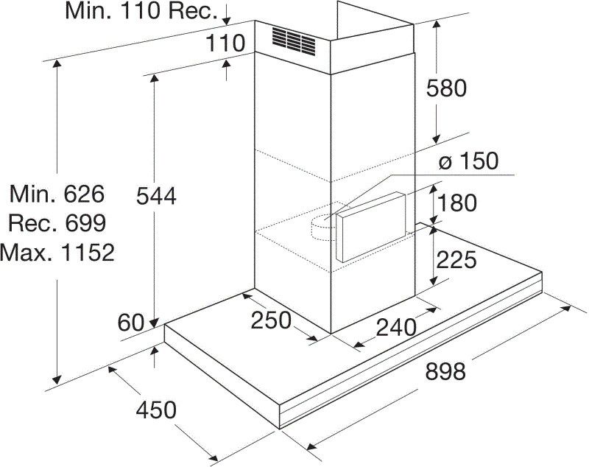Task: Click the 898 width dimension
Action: tap(445, 371)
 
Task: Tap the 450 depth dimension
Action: tap(156, 410)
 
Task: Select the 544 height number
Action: tap(156, 196)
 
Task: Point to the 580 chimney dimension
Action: tap(446, 88)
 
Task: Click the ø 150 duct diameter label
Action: tap(468, 161)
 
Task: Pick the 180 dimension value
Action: tap(456, 203)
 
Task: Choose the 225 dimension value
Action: tap(456, 259)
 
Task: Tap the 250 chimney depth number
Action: tap(271, 320)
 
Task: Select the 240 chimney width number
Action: tap(396, 327)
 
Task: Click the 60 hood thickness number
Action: tap(131, 323)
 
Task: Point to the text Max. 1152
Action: tap(57, 252)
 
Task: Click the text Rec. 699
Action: tap(57, 223)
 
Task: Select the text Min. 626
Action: tap(57, 194)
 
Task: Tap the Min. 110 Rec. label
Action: tap(141, 10)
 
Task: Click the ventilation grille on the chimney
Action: tap(294, 41)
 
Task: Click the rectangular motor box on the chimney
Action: tap(371, 227)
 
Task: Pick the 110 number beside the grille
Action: tap(225, 43)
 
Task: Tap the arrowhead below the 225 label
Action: tap(434, 281)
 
